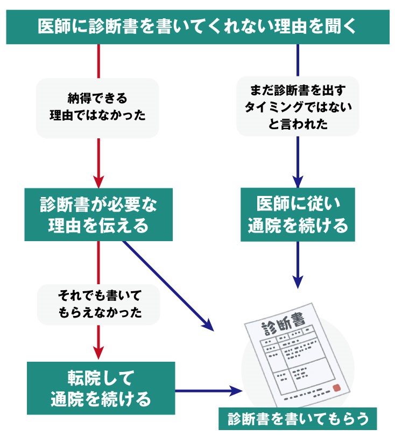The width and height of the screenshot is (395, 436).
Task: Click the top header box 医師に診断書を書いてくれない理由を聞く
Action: (197, 26)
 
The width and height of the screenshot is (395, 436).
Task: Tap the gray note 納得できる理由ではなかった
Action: (97, 108)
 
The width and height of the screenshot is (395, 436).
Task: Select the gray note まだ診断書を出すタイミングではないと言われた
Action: (298, 107)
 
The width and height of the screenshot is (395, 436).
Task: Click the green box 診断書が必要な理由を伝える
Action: (98, 214)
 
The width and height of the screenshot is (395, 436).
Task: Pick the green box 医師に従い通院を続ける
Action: (298, 214)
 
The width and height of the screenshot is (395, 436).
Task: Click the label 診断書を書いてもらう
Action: (298, 418)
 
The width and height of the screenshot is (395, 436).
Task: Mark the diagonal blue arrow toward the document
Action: (167, 285)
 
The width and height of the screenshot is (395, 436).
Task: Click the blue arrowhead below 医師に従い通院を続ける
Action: (298, 281)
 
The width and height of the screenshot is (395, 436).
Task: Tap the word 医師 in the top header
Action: (52, 26)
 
